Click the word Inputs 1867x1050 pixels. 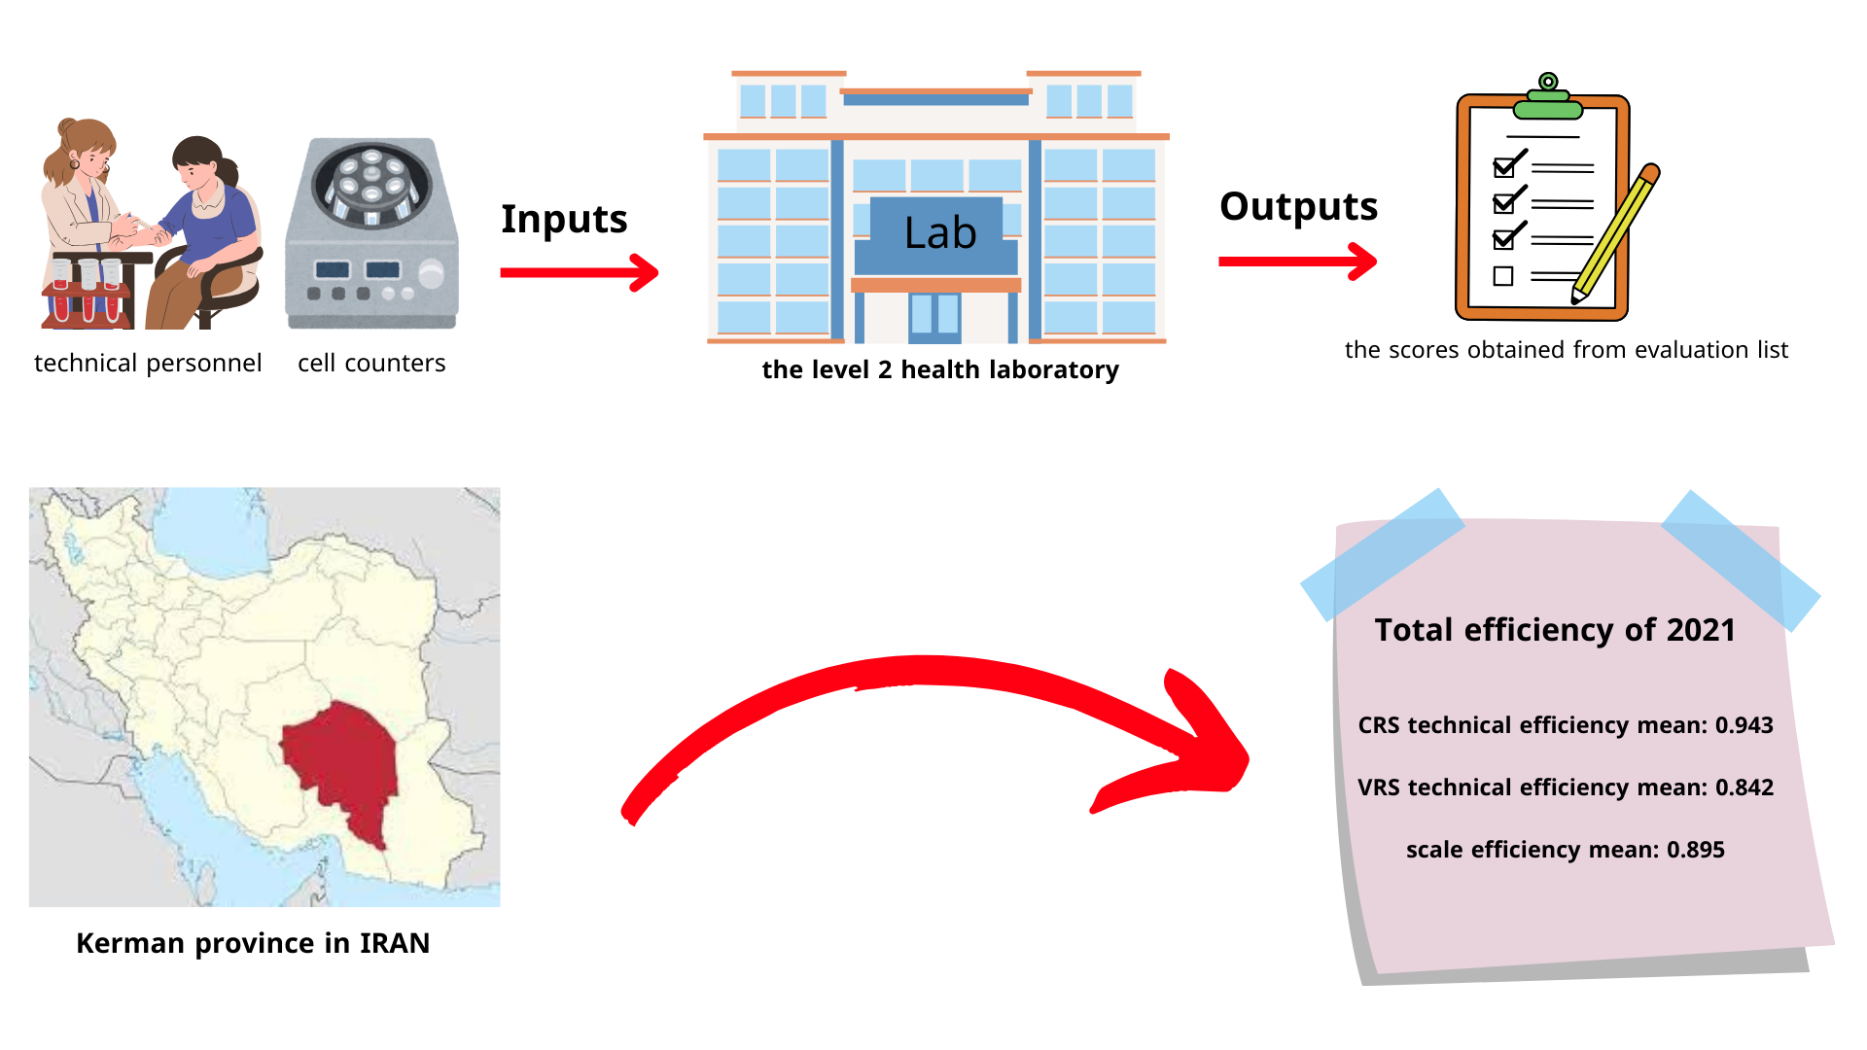point(564,220)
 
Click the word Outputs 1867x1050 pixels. point(1298,206)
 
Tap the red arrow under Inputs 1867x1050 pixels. point(580,272)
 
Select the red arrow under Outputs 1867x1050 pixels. point(1298,261)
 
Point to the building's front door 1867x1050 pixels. point(934,318)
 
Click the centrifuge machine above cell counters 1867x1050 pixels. point(371,233)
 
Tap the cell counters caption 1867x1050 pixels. point(371,363)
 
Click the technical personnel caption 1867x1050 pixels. point(148,363)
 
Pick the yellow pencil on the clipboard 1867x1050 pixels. point(1616,233)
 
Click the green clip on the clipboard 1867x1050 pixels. point(1548,97)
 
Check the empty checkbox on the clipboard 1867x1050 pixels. point(1503,276)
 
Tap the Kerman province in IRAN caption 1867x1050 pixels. point(253,943)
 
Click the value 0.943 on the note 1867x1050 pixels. point(1744,725)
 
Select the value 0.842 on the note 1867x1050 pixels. point(1744,787)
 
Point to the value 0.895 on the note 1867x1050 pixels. point(1696,850)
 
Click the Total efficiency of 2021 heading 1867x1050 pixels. point(1555,630)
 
